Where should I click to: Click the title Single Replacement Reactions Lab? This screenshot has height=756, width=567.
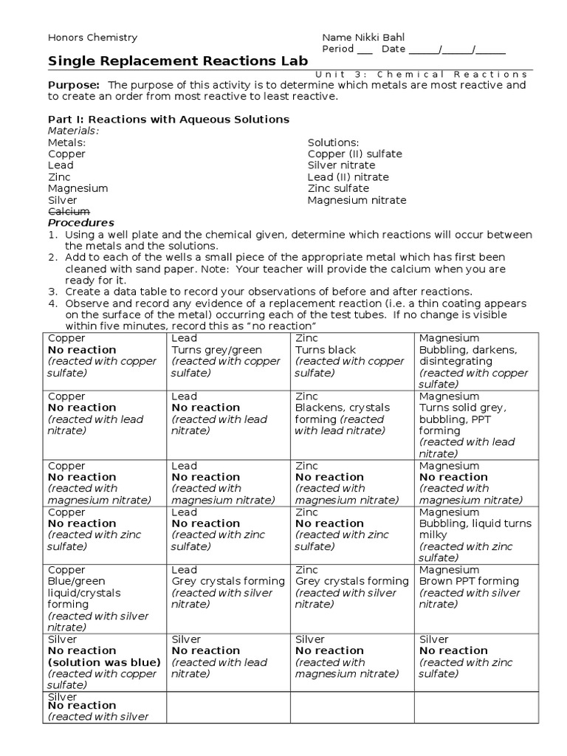178,61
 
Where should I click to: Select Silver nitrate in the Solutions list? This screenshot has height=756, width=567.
341,165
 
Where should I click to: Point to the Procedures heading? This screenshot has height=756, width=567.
81,223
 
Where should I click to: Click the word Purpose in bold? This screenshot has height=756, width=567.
74,85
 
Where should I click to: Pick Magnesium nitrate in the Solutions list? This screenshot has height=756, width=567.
357,200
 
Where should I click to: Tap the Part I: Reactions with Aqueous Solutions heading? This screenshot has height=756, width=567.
168,119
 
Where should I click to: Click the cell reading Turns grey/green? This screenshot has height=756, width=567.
216,350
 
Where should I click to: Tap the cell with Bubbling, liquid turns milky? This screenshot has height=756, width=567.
475,529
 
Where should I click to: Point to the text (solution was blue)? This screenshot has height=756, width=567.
104,662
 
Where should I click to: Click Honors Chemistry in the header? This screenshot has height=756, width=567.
92,38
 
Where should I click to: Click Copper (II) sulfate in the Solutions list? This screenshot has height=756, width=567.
354,154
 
